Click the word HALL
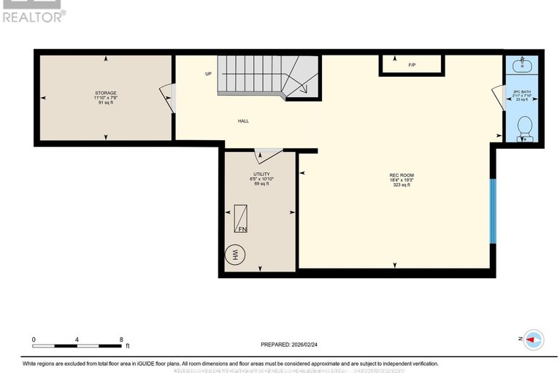[x=243, y=121]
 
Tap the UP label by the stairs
[x=208, y=74]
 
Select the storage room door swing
[x=168, y=98]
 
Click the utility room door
[x=267, y=154]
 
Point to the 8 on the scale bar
[x=121, y=339]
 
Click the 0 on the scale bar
[x=34, y=339]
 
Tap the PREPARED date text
[x=291, y=345]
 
